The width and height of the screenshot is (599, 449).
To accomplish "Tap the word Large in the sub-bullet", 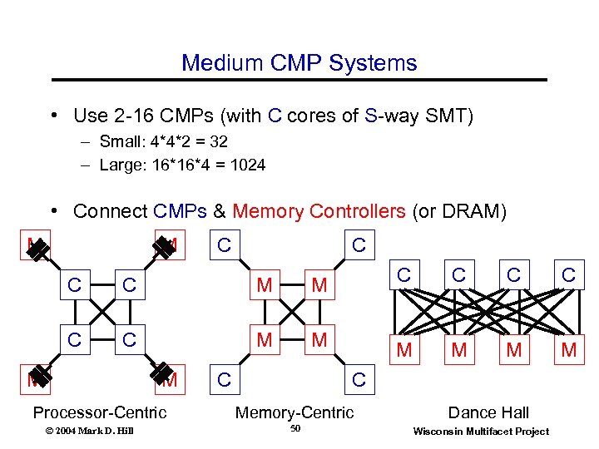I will click(118, 165).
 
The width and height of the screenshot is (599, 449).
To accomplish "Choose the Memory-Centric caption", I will click(295, 412).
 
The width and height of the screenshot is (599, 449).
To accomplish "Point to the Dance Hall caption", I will click(488, 412).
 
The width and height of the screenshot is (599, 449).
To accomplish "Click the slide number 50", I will click(295, 429).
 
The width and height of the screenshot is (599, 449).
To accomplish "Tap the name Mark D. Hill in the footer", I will click(96, 430).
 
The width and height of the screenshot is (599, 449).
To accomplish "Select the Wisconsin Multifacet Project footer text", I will click(481, 431).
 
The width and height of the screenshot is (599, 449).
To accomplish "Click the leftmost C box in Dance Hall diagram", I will click(404, 274).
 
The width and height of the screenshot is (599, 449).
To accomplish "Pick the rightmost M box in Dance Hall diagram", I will click(569, 350).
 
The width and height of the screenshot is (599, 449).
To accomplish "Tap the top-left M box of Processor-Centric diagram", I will click(34, 244).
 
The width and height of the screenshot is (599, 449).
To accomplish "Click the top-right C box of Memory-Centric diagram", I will click(359, 244).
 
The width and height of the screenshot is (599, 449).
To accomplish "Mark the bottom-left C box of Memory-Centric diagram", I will click(223, 380).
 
